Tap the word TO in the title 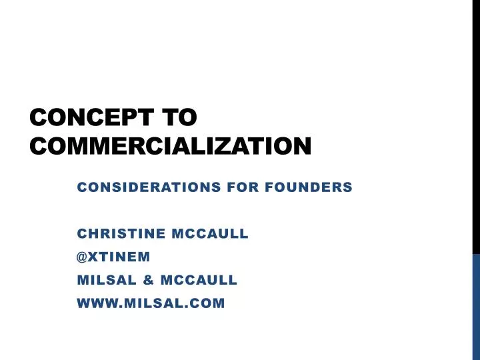click(179, 119)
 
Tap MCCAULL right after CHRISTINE click(211, 234)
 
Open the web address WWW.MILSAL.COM click(151, 304)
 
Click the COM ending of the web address click(208, 304)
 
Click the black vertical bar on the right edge click(476, 127)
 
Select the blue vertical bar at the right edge click(476, 307)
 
